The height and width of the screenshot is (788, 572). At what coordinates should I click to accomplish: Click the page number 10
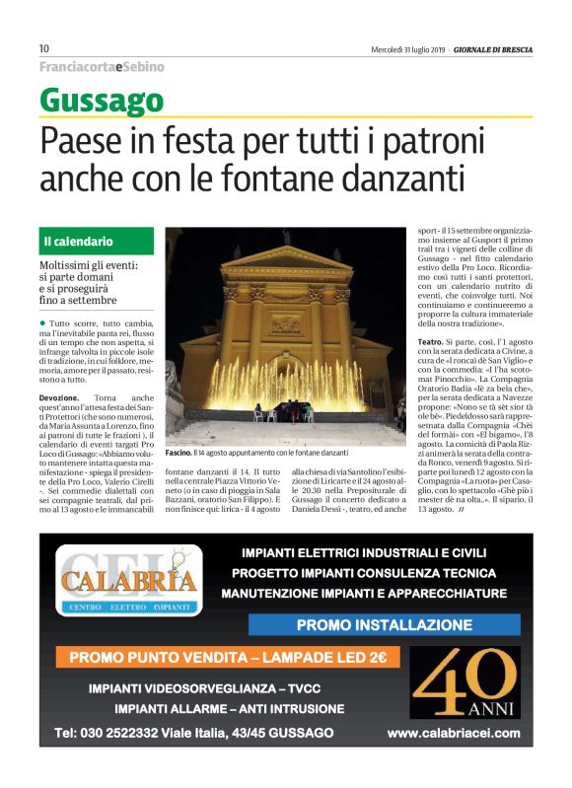(x=44, y=49)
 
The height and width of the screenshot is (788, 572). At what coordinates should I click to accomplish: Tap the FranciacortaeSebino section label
(x=102, y=67)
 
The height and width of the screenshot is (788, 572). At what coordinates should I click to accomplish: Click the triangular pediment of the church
(x=286, y=258)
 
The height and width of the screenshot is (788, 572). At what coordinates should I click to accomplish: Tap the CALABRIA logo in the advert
(x=128, y=579)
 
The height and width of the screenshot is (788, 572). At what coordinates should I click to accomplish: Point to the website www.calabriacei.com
(x=453, y=733)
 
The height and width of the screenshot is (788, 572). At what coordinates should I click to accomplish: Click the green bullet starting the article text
(x=43, y=322)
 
